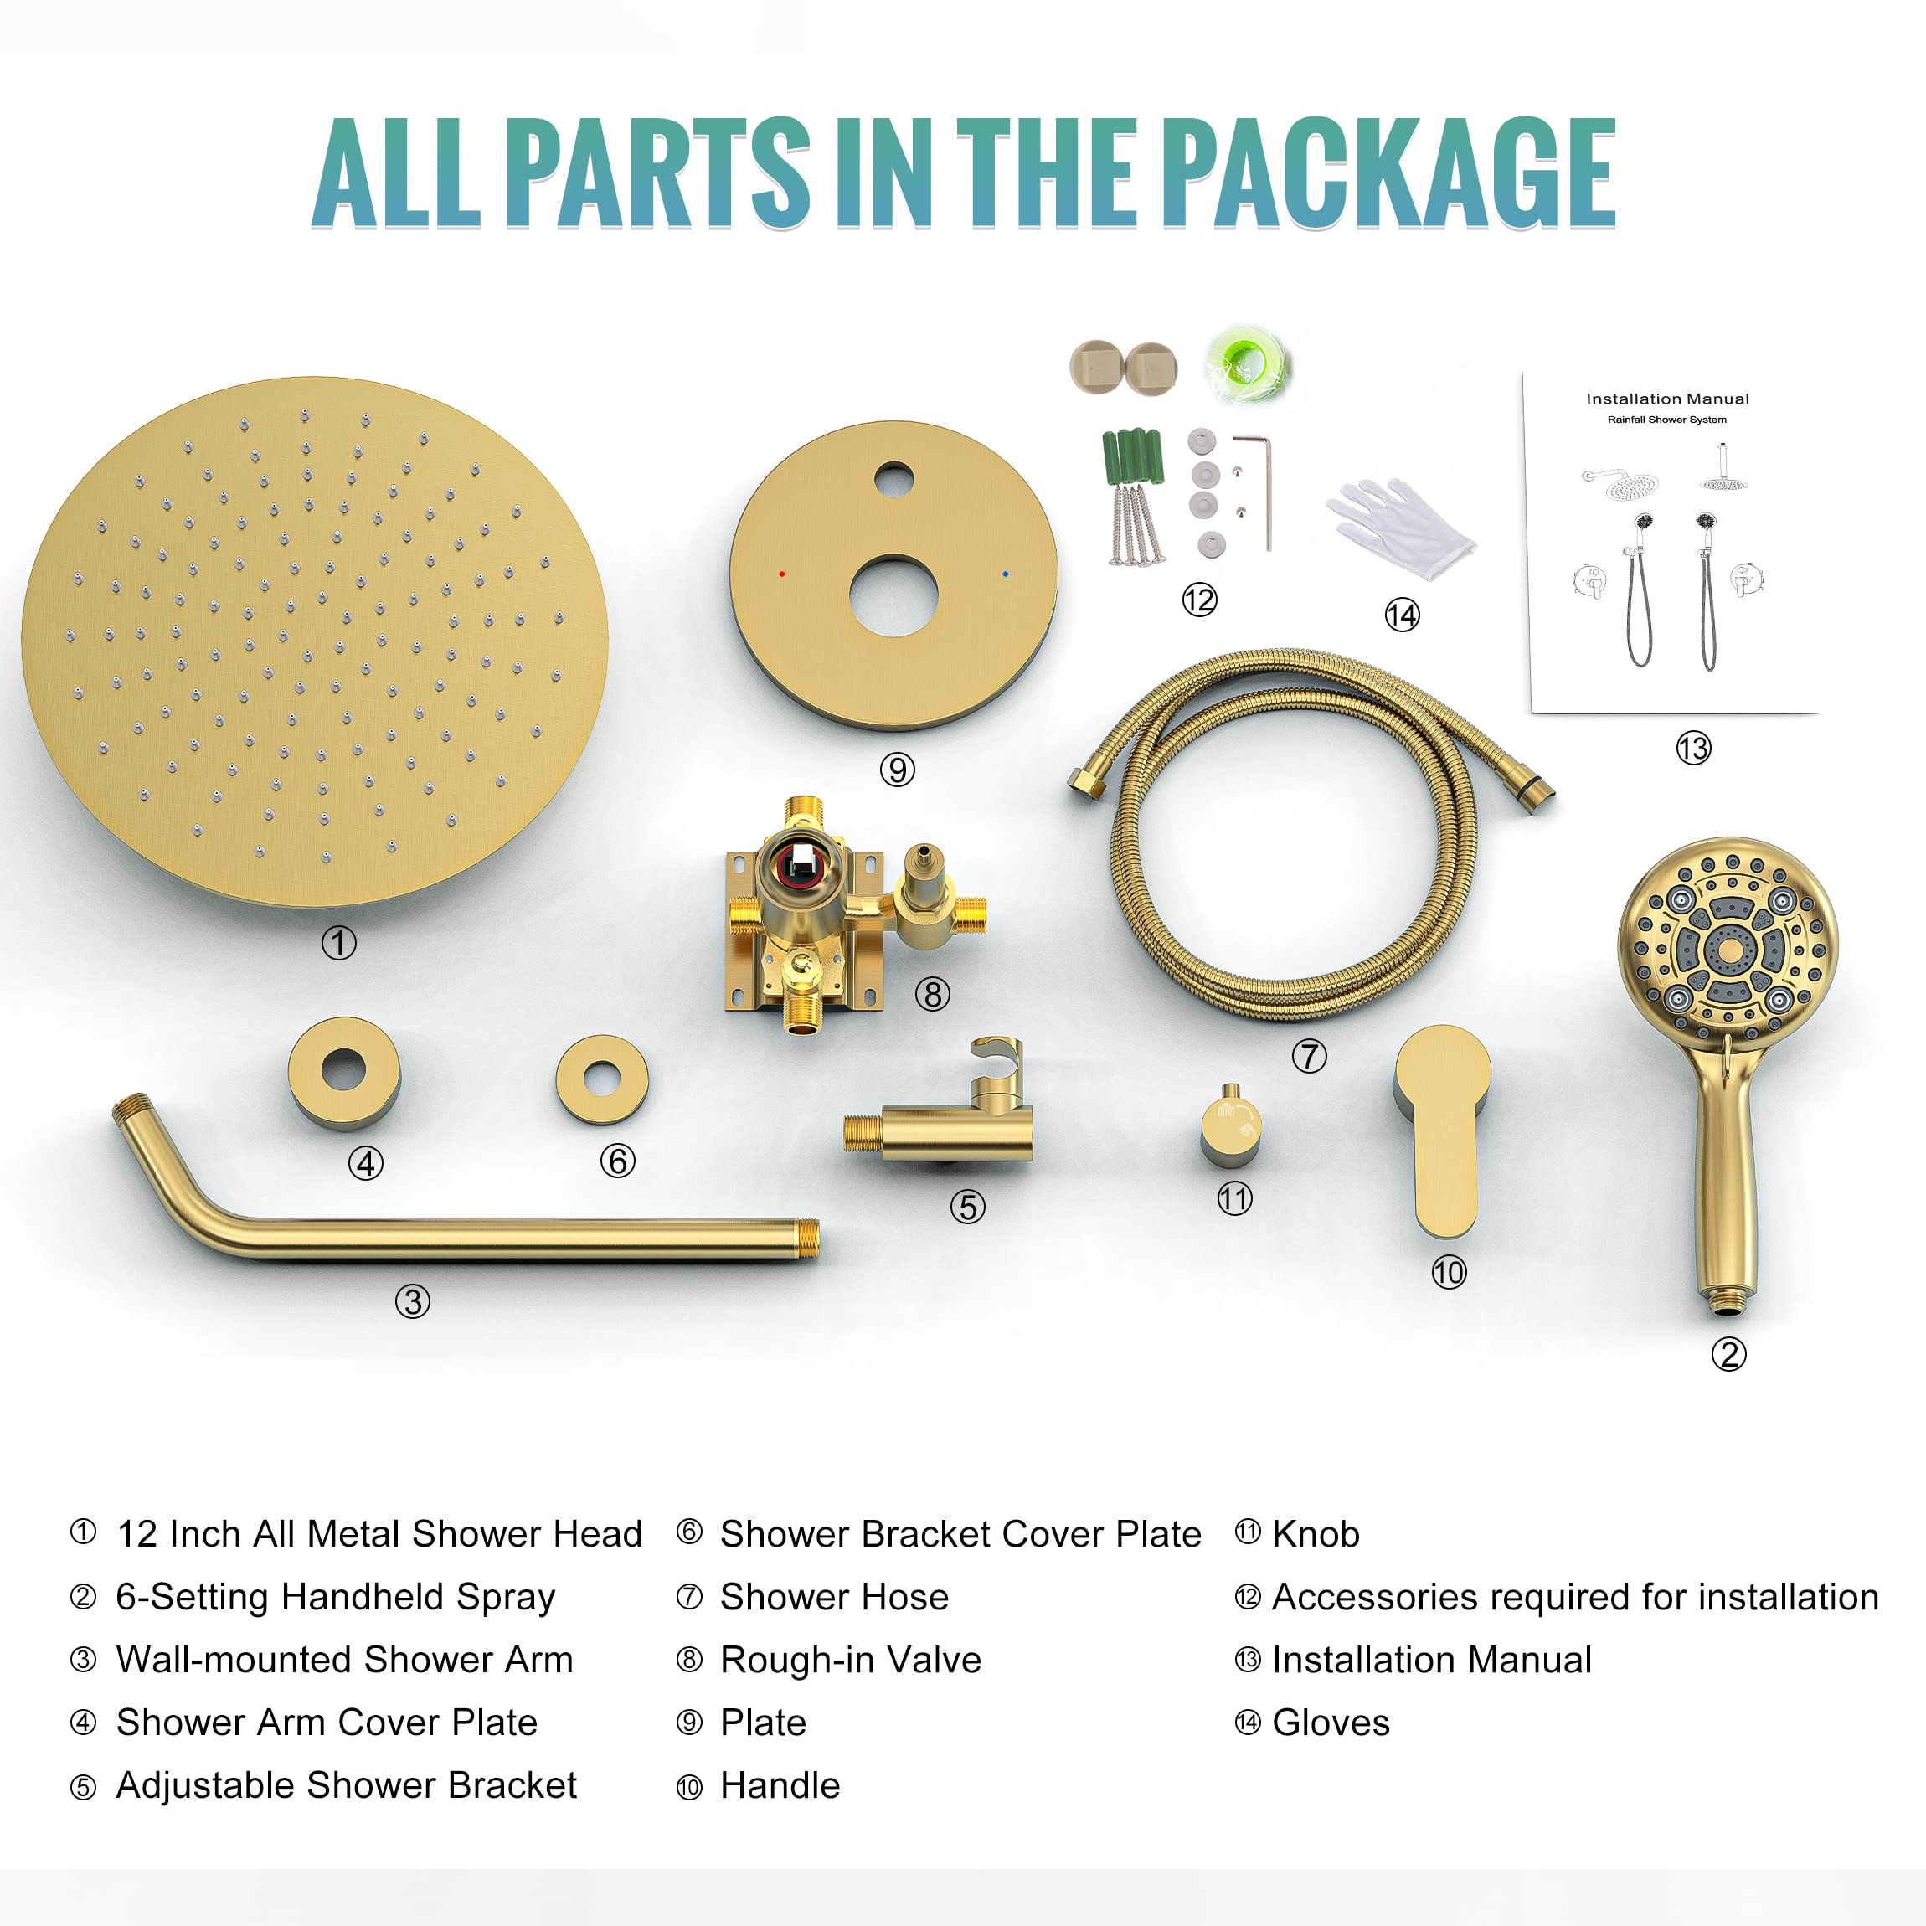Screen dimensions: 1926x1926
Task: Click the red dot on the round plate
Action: (781, 574)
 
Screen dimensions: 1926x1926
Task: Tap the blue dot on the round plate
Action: (1005, 574)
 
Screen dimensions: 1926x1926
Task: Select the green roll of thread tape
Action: (1246, 364)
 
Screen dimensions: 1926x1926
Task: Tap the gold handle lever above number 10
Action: (1443, 1126)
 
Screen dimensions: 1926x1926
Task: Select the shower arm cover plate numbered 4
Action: (344, 1072)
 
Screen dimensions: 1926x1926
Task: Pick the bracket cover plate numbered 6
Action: (602, 1079)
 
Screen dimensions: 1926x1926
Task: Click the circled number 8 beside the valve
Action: (933, 994)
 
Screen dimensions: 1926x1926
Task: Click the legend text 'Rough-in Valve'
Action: (850, 1660)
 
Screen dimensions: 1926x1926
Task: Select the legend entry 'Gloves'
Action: (1330, 1723)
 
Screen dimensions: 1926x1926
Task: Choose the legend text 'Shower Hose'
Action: (834, 1597)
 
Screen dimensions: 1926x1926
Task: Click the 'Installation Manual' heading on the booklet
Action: (1668, 399)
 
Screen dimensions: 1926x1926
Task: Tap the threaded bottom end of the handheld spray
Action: (1728, 1298)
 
